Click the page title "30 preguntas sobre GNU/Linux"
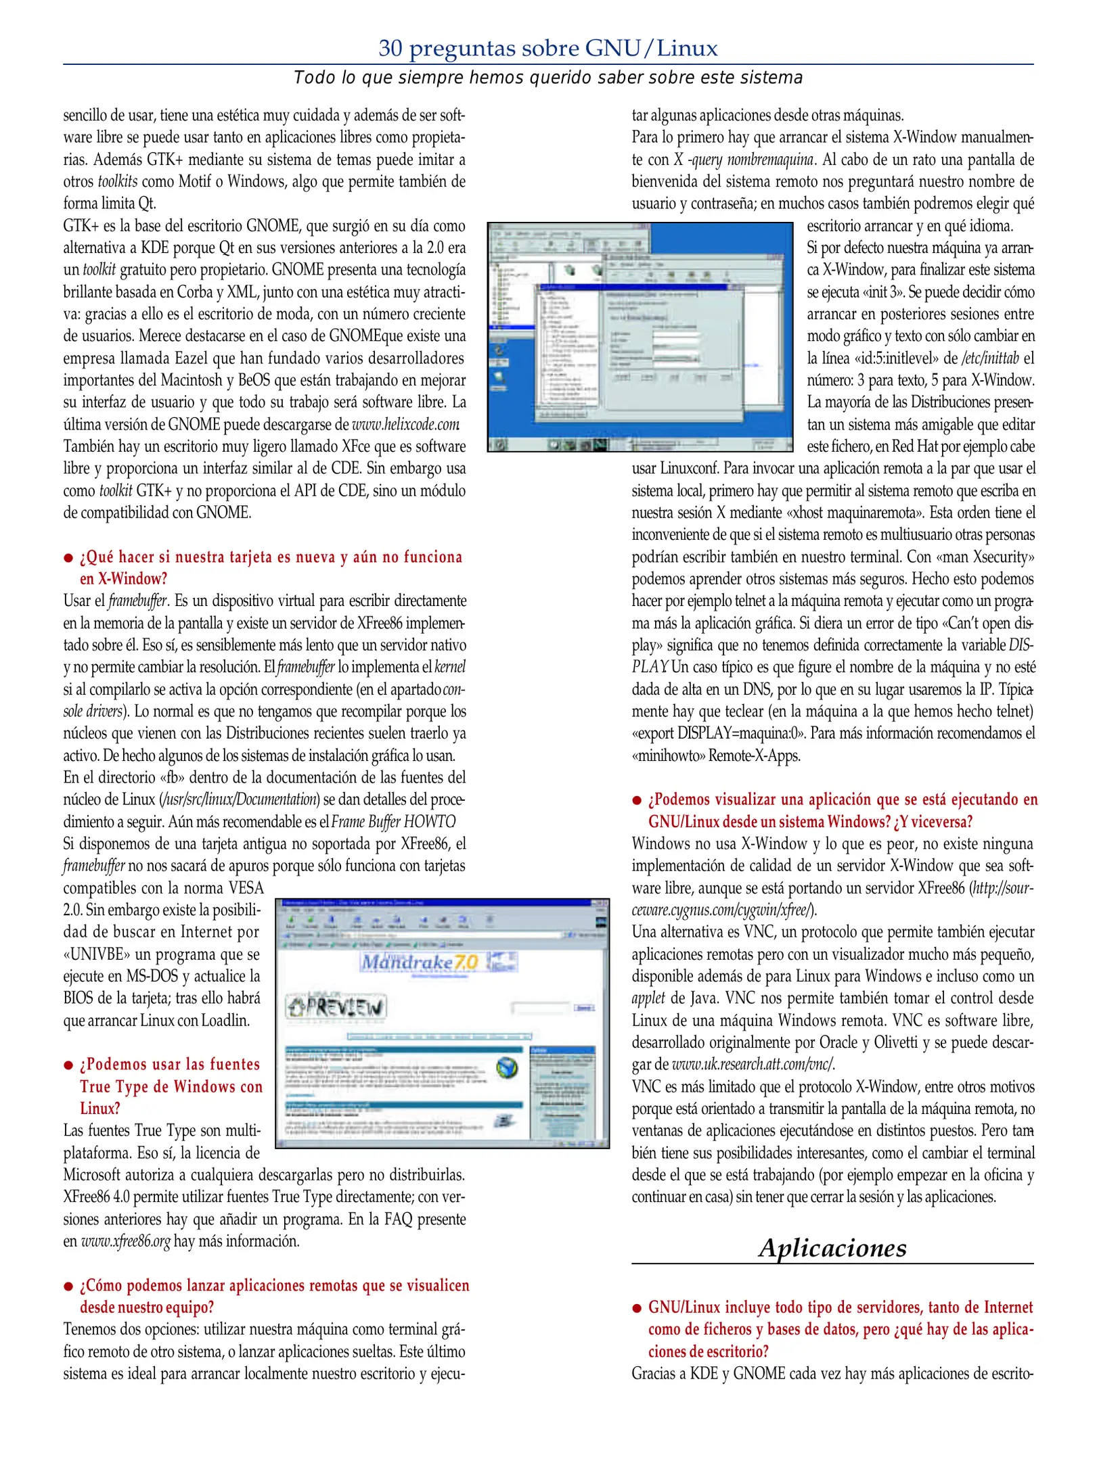point(547,48)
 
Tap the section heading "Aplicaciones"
point(832,1248)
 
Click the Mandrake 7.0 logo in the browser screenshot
point(420,961)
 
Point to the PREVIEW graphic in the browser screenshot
point(336,1007)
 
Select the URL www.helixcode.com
point(405,425)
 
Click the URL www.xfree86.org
point(125,1241)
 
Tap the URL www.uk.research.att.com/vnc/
point(753,1064)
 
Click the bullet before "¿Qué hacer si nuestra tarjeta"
point(68,558)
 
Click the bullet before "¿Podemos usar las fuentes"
point(68,1065)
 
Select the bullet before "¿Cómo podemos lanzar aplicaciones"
point(68,1286)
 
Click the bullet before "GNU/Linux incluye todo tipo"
point(637,1308)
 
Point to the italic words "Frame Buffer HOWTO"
point(393,822)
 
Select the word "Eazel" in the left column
point(191,358)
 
